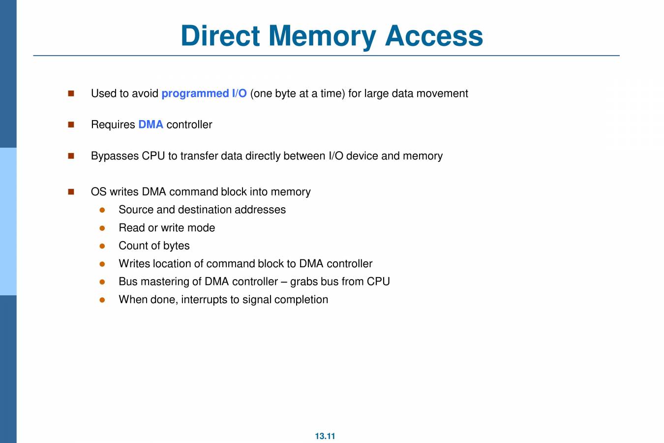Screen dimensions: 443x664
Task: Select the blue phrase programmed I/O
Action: coord(204,94)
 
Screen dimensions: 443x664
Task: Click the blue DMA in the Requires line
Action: coord(151,125)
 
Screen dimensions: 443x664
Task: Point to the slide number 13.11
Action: coord(325,436)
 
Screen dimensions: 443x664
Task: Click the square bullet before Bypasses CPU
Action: coord(71,156)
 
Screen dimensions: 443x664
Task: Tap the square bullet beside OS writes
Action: coord(71,192)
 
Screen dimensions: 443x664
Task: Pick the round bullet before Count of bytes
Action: coord(102,246)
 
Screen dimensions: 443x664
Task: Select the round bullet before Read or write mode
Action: coord(102,228)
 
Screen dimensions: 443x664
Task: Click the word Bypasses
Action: coord(115,156)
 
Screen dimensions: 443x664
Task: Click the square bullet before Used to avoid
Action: coord(71,94)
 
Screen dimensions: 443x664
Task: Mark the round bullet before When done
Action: coord(102,300)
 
